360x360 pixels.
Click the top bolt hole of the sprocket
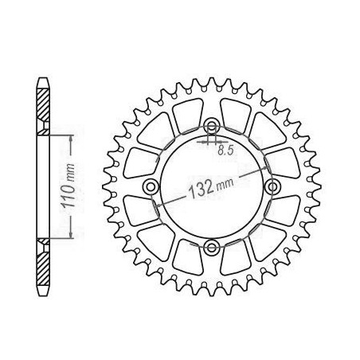[212, 126]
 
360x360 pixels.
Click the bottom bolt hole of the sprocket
[212, 247]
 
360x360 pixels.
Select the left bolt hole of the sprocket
[151, 186]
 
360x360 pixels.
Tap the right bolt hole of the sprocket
[272, 186]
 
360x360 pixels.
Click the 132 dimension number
[201, 188]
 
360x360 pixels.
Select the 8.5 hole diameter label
[225, 151]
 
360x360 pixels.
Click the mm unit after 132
[225, 184]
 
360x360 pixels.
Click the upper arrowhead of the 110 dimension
[71, 139]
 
